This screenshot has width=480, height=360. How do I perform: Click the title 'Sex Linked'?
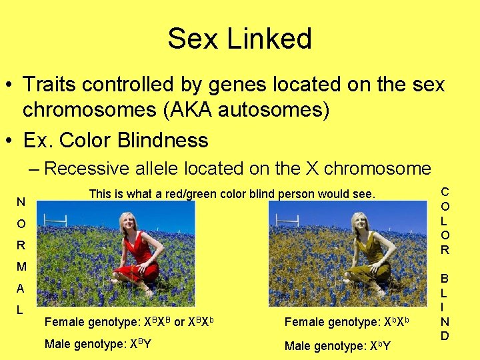[x=239, y=39]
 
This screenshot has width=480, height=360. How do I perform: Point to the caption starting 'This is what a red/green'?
[x=232, y=194]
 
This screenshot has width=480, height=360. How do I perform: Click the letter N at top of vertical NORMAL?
[x=22, y=202]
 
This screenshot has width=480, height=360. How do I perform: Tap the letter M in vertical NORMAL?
[x=22, y=267]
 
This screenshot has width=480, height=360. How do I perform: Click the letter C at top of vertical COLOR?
[x=445, y=192]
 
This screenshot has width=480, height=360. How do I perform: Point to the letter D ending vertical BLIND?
[x=445, y=335]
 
